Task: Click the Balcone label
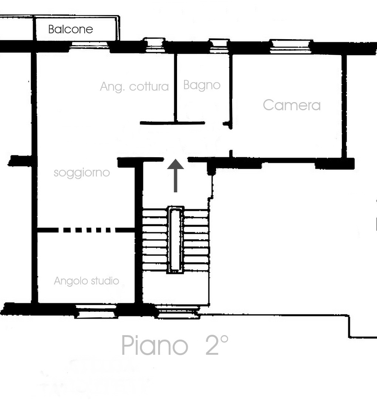[x=71, y=30]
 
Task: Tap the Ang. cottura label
[x=135, y=87]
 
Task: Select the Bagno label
[x=202, y=85]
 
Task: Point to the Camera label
[x=292, y=105]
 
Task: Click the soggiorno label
[x=82, y=173]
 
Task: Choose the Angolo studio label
[x=86, y=281]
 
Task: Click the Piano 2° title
[x=175, y=345]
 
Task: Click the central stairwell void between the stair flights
[x=175, y=240]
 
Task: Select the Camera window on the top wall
[x=291, y=47]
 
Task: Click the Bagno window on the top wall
[x=219, y=46]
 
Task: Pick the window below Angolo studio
[x=96, y=311]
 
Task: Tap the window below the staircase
[x=178, y=312]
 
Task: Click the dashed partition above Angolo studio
[x=86, y=230]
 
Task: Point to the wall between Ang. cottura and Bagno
[x=176, y=87]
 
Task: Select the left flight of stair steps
[x=155, y=240]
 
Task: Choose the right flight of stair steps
[x=196, y=240]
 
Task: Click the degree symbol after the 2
[x=224, y=340]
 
